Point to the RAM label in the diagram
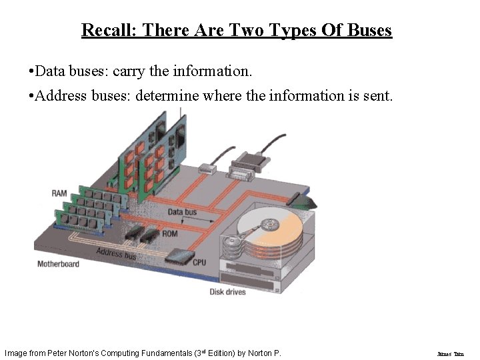(59, 193)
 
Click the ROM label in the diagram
(170, 234)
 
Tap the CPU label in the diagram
(199, 263)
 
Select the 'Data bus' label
(182, 212)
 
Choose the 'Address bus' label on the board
(116, 253)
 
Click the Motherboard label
(58, 264)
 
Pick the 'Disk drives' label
(228, 292)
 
